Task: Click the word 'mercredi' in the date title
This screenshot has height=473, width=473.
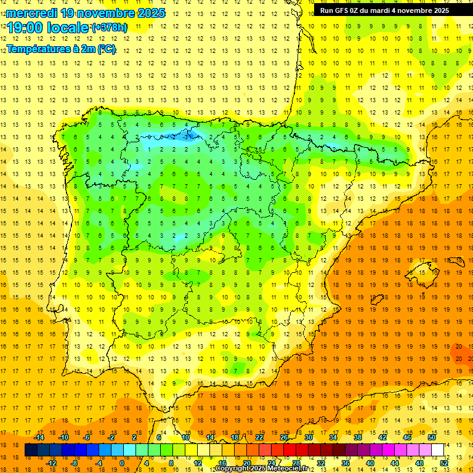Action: point(28,13)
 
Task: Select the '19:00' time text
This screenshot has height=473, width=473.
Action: point(25,28)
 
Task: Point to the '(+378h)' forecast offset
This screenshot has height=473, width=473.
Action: point(110,28)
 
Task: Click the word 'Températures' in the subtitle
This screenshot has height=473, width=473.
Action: point(37,49)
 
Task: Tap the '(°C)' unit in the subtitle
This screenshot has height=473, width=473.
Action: point(106,49)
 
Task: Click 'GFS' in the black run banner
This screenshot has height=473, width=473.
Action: point(344,10)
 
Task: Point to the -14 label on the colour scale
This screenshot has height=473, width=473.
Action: point(38,437)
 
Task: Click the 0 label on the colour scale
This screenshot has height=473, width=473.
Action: point(122,463)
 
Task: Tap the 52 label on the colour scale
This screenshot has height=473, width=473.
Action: point(443,463)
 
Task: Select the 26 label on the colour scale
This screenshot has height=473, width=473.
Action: point(284,437)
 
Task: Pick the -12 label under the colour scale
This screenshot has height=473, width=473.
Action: point(51,463)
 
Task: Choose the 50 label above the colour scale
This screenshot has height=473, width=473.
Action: point(432,437)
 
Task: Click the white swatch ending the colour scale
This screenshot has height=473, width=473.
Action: point(437,450)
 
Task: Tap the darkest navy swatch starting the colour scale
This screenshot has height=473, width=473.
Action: point(31,450)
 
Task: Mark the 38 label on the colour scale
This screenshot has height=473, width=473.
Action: point(358,437)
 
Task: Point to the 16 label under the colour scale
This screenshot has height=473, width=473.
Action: point(222,463)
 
